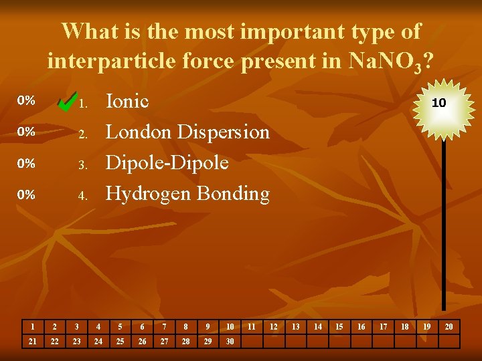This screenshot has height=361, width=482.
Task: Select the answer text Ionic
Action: (127, 102)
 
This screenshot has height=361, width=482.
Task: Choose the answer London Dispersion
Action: (187, 132)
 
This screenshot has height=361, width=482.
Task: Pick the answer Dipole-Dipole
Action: (167, 162)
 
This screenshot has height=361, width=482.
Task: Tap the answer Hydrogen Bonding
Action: (187, 194)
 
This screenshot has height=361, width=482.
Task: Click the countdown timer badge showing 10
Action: (438, 103)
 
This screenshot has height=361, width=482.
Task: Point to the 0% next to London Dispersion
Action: (26, 132)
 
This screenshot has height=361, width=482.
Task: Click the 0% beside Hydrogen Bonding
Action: (26, 195)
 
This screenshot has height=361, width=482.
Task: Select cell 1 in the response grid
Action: (33, 327)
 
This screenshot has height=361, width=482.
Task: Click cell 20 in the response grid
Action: (449, 327)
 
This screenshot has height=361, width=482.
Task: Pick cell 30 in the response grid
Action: (230, 342)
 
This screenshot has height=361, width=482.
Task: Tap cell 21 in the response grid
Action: (33, 342)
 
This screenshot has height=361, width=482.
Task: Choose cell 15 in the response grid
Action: (339, 327)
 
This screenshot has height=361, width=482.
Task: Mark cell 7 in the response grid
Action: (164, 327)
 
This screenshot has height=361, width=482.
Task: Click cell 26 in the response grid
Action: (142, 342)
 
